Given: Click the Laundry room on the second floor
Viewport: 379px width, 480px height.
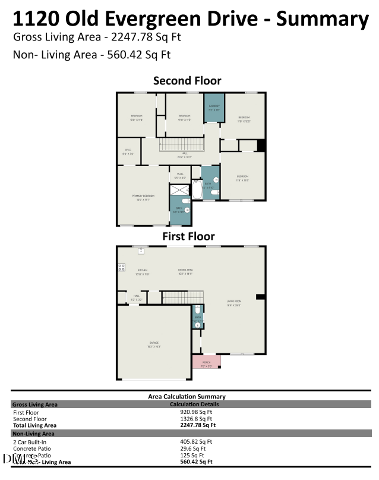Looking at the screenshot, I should (x=214, y=108).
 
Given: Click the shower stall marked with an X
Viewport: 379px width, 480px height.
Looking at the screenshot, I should (x=179, y=190).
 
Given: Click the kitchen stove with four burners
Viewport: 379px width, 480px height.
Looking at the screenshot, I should (x=121, y=267).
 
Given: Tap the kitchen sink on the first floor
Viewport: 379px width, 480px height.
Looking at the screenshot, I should (x=141, y=251).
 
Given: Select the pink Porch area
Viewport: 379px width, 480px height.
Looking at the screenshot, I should (x=206, y=361).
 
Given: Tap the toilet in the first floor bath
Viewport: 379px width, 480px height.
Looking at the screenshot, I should (x=198, y=310).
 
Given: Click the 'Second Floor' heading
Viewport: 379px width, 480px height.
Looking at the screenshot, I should (x=187, y=80).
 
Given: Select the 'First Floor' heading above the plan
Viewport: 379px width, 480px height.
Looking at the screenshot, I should (x=188, y=236).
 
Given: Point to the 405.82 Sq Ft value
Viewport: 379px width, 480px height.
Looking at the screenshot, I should (x=195, y=442).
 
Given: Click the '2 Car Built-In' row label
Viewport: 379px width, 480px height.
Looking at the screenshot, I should (x=30, y=442).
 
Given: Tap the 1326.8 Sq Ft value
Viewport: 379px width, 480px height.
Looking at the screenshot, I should (x=195, y=418).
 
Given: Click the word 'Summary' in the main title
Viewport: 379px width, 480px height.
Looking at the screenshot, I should (x=323, y=19).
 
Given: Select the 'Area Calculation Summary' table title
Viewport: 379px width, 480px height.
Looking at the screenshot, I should (x=187, y=396).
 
